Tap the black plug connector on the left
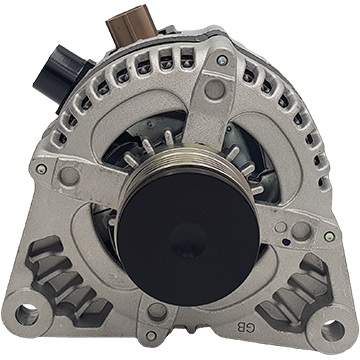(62, 75)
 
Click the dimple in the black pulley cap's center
(188, 240)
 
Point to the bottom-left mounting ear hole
(27, 315)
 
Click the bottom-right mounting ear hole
(333, 331)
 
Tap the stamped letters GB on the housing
(245, 326)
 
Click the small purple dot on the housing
(284, 241)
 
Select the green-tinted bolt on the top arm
(222, 60)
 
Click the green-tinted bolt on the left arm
(41, 169)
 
